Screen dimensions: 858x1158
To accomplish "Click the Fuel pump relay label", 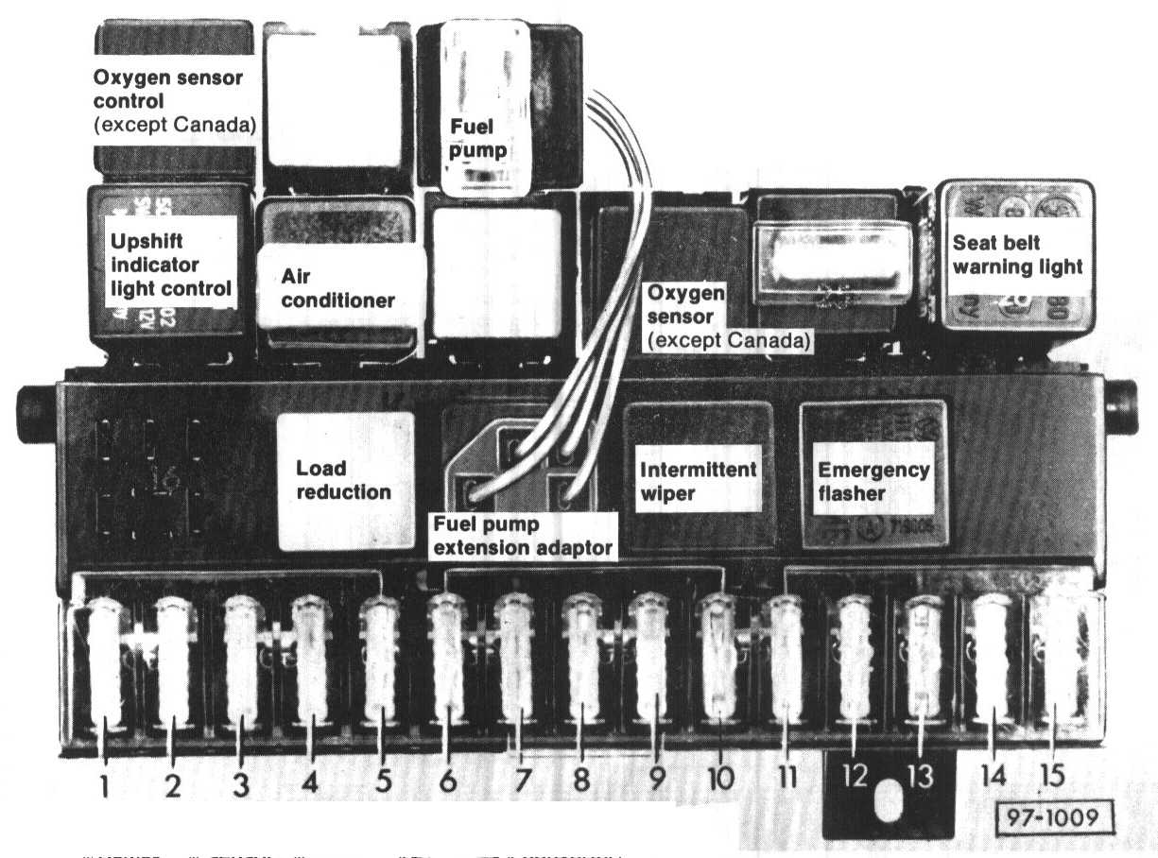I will pos(478,138).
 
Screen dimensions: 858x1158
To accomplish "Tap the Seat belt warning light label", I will pos(1017,255).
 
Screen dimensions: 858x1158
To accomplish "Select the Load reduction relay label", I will pos(343,480).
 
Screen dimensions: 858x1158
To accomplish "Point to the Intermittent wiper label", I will pos(698,481).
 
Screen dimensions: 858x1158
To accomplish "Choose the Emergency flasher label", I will pos(873,481).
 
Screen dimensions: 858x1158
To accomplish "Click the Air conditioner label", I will pos(337,288).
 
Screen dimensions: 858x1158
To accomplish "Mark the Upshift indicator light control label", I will pos(170,265).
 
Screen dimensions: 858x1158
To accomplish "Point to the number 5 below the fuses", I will pos(383,781).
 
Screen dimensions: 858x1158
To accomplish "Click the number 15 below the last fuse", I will pos(1052,776).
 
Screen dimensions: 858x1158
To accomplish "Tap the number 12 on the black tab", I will pos(855,777).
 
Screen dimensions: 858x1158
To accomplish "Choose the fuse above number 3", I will pos(241,661).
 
